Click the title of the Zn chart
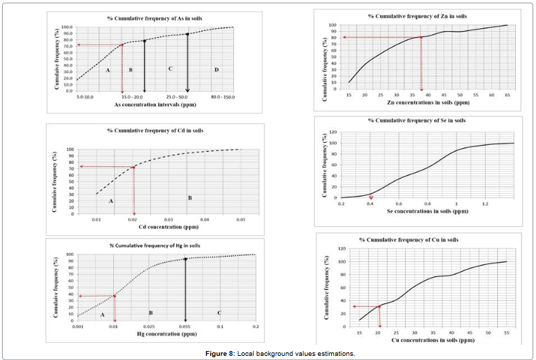(x=413, y=15)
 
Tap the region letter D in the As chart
(x=216, y=70)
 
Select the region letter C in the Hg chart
(x=219, y=313)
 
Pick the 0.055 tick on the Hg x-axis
(x=185, y=327)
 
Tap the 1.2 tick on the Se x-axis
(x=485, y=204)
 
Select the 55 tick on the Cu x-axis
(x=507, y=333)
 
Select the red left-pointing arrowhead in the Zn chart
(x=344, y=37)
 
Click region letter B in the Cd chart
(x=190, y=198)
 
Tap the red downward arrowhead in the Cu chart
(x=379, y=325)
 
